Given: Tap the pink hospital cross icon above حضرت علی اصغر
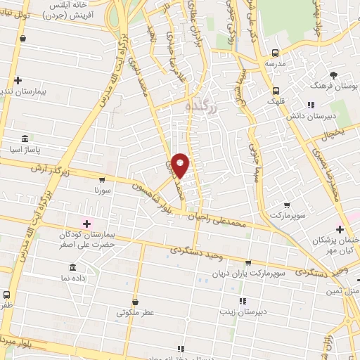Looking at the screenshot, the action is click(x=86, y=224).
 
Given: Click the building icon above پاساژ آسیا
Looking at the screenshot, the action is click(x=25, y=138).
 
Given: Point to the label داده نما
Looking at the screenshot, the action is click(x=73, y=278).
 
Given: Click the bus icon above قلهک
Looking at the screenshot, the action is click(x=276, y=90).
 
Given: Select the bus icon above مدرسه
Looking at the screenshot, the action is click(x=276, y=53).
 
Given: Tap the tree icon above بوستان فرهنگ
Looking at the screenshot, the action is click(x=333, y=75).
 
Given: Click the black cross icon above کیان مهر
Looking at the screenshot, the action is click(x=340, y=229).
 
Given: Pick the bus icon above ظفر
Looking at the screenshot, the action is click(x=6, y=295).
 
